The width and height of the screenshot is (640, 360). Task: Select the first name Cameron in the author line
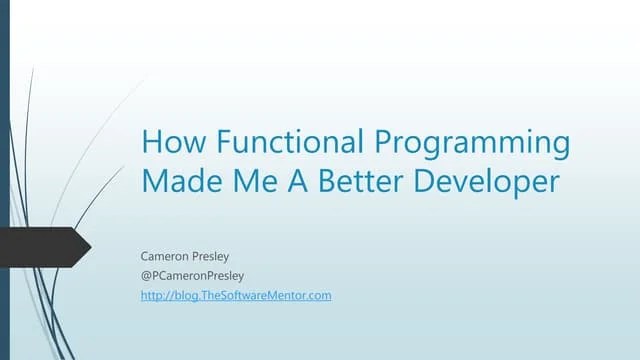pyautogui.click(x=165, y=256)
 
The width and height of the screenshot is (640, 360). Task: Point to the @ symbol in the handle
pyautogui.click(x=146, y=275)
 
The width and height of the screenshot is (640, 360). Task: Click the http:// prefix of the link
pyautogui.click(x=155, y=295)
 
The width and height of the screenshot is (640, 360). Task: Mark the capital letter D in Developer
pyautogui.click(x=416, y=183)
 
